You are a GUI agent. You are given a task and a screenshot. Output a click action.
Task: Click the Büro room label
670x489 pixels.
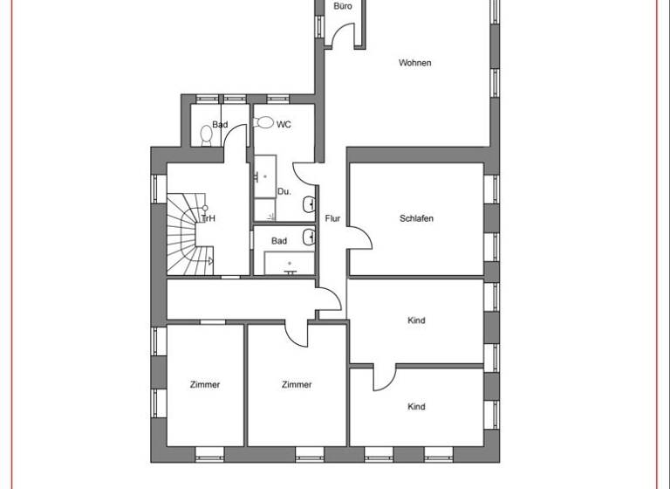point(343,6)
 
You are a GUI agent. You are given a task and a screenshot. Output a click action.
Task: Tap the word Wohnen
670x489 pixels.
point(415,63)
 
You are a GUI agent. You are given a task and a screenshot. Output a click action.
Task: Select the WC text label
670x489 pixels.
point(284,125)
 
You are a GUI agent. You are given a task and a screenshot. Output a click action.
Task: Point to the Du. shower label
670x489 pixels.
point(284,191)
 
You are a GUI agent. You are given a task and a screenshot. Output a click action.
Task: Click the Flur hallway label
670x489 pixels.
point(332,219)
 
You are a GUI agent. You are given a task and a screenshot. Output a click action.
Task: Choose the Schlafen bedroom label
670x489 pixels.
point(416,218)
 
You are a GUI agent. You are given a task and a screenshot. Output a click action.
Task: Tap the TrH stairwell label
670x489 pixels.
point(208,218)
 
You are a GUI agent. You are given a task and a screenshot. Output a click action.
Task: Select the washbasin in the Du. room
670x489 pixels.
point(310,205)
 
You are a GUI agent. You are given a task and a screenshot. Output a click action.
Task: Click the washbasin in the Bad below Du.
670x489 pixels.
point(310,236)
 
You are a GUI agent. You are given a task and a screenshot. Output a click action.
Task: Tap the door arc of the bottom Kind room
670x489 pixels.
point(384,377)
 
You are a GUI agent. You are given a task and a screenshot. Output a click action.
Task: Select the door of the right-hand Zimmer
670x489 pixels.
point(298,332)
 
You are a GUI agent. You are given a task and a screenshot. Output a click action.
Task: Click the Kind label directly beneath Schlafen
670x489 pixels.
point(416,320)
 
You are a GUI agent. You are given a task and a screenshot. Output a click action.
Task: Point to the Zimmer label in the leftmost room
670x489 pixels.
point(205,384)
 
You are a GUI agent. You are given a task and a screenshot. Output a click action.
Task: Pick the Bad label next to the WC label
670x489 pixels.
point(220,125)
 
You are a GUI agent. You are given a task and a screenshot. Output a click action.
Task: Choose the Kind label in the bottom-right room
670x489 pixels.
point(416,407)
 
